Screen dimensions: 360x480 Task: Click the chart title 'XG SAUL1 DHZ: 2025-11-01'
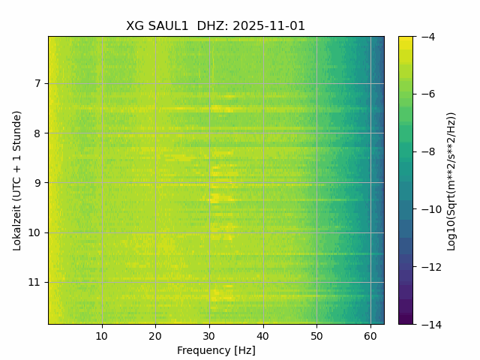[x=216, y=26]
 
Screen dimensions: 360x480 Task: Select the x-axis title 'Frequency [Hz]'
[x=216, y=350]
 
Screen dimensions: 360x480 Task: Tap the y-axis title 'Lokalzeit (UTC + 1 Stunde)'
[x=17, y=180]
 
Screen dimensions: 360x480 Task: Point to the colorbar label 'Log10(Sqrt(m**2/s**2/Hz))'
[x=451, y=181]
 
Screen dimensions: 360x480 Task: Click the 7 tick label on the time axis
[x=38, y=83]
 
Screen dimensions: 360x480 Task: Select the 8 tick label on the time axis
[x=38, y=133]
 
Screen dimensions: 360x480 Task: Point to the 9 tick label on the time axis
[x=38, y=183]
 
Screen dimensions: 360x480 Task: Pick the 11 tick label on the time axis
[x=36, y=283]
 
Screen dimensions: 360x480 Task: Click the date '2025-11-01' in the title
[x=269, y=26]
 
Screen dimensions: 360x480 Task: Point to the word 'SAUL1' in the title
[x=169, y=26]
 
